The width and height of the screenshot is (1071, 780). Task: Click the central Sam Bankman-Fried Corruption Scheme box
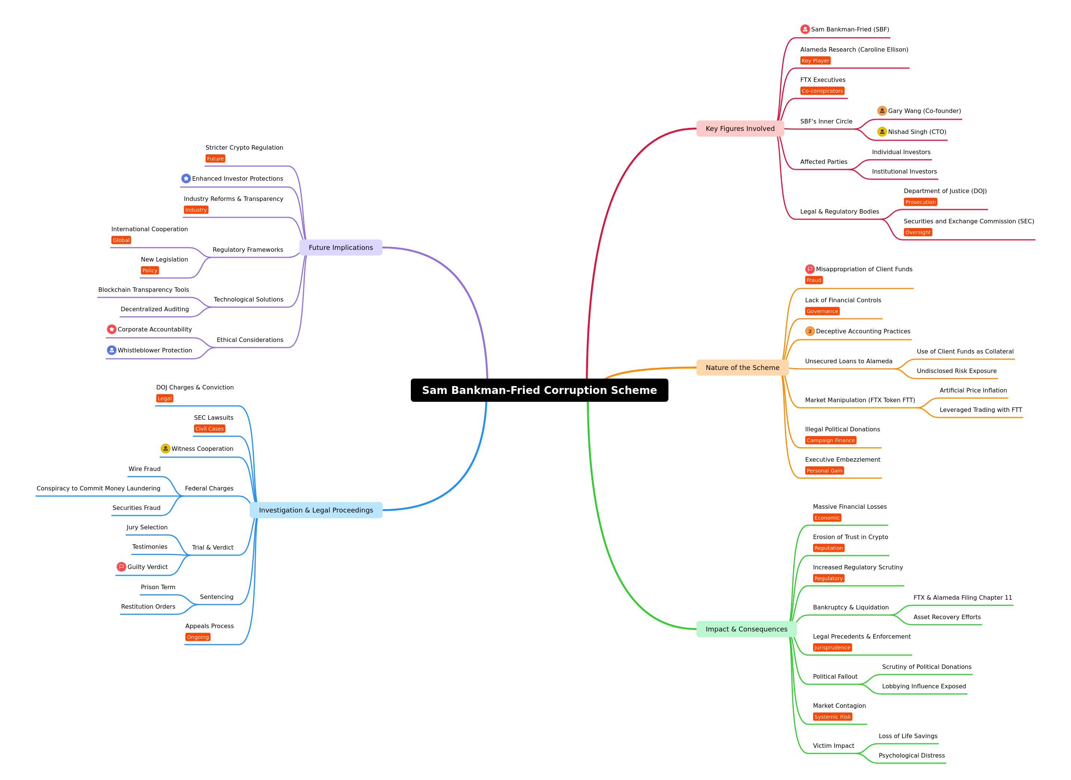click(539, 390)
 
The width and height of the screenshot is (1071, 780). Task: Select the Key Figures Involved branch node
click(740, 129)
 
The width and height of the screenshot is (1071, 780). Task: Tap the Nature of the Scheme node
click(742, 368)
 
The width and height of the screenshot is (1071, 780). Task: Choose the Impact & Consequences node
click(746, 629)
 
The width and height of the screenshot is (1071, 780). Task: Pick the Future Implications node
click(341, 248)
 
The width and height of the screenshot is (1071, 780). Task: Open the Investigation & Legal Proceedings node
click(316, 510)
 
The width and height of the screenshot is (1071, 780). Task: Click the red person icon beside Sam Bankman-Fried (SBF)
click(805, 29)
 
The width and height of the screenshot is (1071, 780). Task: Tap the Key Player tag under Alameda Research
click(815, 61)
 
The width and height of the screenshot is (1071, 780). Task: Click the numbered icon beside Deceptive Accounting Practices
click(810, 331)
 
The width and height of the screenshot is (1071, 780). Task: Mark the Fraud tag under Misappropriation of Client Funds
click(814, 280)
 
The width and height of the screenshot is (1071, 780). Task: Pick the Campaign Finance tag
click(831, 440)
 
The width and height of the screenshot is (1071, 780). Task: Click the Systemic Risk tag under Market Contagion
click(833, 717)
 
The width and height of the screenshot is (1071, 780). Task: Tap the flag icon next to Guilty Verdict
click(121, 567)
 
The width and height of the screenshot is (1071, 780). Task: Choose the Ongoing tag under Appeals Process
click(198, 637)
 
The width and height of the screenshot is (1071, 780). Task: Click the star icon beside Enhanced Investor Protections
click(186, 178)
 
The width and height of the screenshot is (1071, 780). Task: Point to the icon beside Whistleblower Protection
click(111, 350)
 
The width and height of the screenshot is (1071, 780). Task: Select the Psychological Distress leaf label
click(912, 755)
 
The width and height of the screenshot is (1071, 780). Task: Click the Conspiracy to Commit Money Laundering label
click(98, 489)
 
